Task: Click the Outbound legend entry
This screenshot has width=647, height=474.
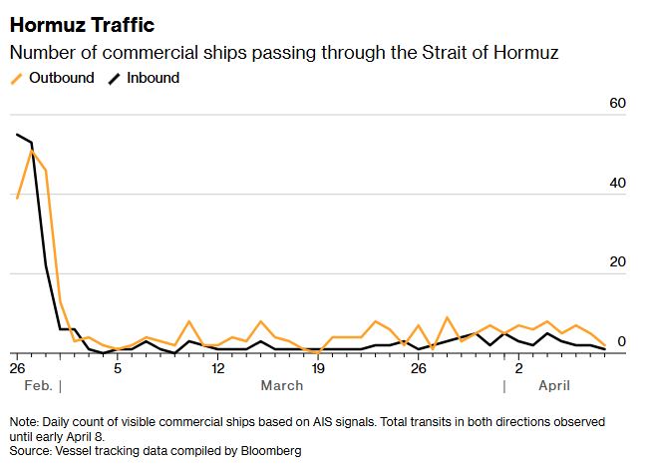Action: (62, 77)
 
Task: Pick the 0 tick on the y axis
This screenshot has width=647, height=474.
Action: (621, 342)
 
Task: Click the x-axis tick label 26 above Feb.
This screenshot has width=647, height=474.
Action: (17, 368)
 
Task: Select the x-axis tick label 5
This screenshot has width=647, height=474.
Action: (118, 368)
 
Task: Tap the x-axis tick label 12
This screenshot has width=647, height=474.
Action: (218, 368)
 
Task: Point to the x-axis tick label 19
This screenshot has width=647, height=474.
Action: (318, 368)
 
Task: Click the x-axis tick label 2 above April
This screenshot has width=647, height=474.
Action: (519, 368)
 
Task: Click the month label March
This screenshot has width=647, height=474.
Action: (281, 385)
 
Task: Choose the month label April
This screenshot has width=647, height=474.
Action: (555, 385)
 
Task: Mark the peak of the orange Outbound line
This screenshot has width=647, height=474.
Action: (32, 151)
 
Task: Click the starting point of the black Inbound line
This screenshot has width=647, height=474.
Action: (17, 134)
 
